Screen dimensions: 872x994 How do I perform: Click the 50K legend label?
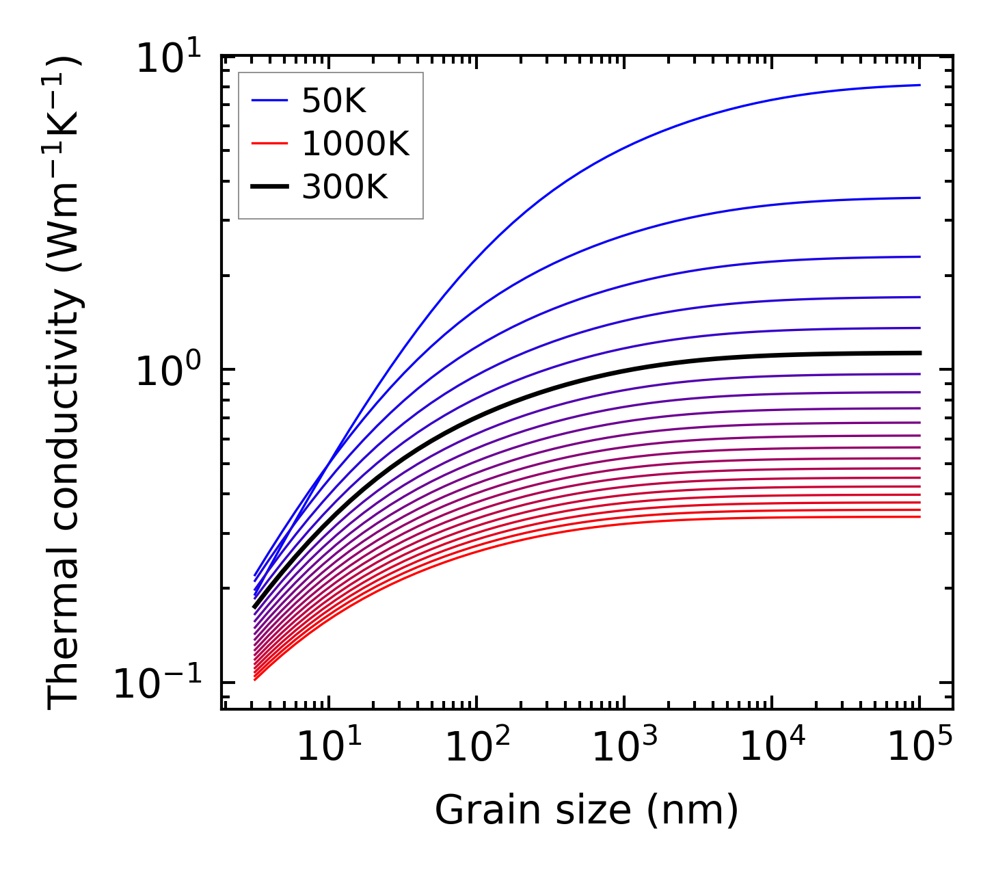coord(334,102)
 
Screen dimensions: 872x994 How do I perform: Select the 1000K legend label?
coord(355,144)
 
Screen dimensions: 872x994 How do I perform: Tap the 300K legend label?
coord(345,187)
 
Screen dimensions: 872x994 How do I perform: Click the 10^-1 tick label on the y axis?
coord(158,683)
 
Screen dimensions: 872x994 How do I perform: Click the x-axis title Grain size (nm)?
coord(587,811)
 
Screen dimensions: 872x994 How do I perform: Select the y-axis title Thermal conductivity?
coord(64,383)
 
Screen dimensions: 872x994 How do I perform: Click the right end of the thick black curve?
coord(919,353)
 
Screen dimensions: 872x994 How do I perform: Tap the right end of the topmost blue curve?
coord(919,85)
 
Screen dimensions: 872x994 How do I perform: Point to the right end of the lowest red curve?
coord(919,516)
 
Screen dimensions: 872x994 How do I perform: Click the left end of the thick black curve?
coord(254,607)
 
